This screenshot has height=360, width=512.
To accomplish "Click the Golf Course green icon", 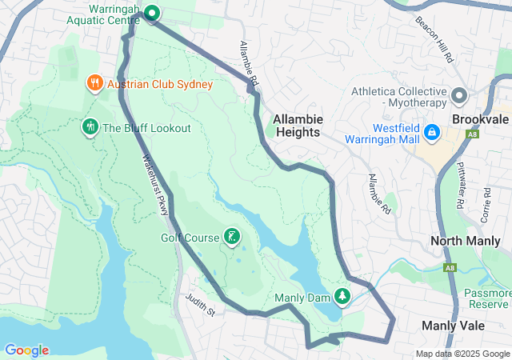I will [x=231, y=237].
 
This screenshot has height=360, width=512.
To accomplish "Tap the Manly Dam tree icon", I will [x=342, y=297].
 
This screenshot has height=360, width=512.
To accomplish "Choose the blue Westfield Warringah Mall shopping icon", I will [x=431, y=130].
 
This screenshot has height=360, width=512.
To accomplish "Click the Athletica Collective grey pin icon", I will [x=459, y=96].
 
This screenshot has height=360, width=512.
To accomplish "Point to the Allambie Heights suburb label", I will [x=298, y=125].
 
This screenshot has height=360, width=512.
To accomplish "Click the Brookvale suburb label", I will [x=480, y=118].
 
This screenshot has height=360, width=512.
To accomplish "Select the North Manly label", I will [x=465, y=241].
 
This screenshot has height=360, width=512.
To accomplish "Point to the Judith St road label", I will [x=200, y=303].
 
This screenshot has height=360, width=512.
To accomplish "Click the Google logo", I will [x=26, y=350].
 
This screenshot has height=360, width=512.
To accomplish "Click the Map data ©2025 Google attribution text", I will [x=462, y=354].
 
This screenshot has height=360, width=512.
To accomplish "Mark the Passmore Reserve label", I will [x=488, y=298].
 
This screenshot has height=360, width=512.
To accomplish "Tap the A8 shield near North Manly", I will [x=452, y=267].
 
